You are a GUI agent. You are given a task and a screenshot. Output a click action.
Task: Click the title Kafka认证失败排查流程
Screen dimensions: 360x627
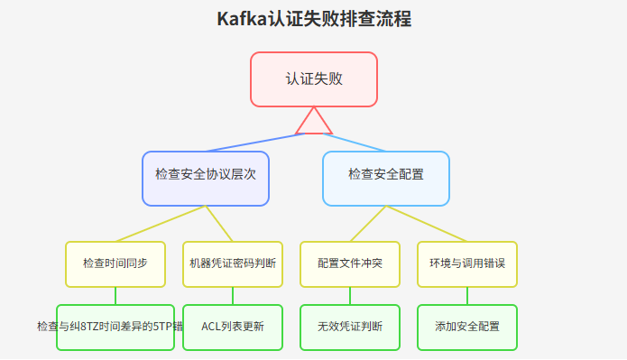[x=314, y=19]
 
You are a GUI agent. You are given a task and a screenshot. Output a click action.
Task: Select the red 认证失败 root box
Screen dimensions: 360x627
[x=314, y=79]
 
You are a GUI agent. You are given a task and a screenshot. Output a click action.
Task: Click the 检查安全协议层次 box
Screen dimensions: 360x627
[x=206, y=178]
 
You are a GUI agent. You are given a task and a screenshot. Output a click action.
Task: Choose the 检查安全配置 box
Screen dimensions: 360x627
[x=386, y=178]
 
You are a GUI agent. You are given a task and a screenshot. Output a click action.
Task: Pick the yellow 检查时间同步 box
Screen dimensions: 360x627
[x=115, y=263]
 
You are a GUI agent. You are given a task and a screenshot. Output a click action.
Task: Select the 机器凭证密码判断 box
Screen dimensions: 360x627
[x=233, y=263]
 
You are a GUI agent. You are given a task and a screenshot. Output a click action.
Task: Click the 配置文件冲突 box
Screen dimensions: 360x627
[x=350, y=263]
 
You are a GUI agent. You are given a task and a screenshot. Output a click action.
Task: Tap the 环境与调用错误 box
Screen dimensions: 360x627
[x=467, y=263]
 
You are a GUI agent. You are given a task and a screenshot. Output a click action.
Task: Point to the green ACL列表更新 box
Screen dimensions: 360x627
[x=233, y=327]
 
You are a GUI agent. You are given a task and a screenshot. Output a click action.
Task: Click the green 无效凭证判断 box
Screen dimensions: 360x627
[x=350, y=327]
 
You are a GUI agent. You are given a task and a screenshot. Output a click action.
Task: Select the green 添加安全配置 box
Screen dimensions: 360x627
[x=467, y=327]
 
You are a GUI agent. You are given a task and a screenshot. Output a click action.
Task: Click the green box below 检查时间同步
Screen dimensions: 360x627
[x=115, y=327]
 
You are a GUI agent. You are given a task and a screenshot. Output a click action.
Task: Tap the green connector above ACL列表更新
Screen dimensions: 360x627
[x=233, y=295]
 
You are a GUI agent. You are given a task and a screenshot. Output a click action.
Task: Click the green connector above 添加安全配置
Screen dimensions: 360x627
[x=467, y=295]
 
